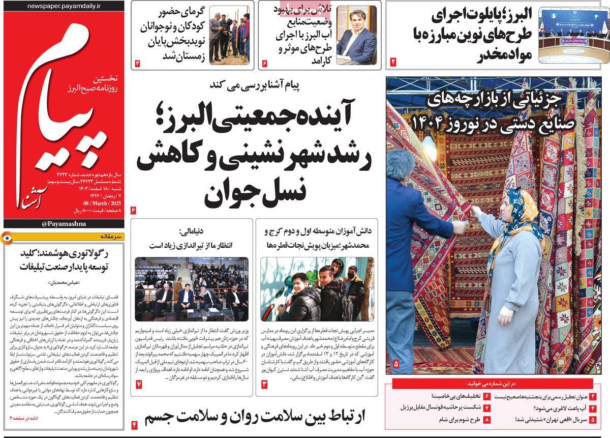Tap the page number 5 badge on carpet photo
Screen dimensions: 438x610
point(396,364)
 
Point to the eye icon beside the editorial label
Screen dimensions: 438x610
point(8,237)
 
